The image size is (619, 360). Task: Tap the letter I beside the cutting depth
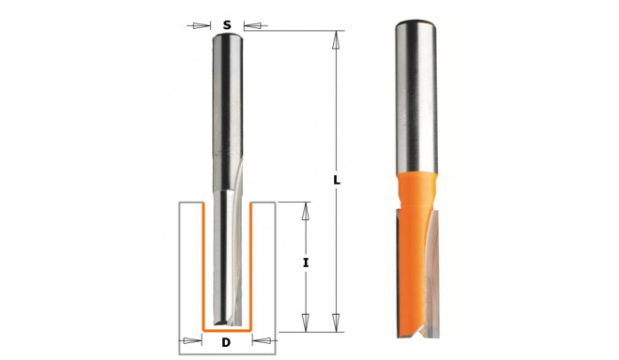tap(306, 263)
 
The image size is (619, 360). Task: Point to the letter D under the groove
tap(226, 342)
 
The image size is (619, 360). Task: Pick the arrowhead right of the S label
tap(249, 25)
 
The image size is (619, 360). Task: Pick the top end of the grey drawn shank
tap(226, 36)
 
